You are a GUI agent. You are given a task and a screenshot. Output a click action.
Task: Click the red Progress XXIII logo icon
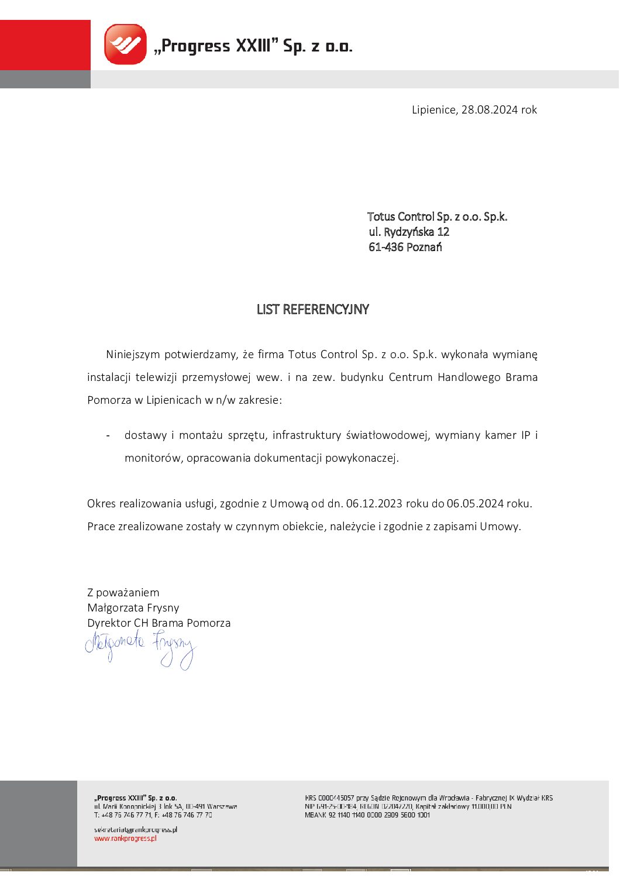click(125, 44)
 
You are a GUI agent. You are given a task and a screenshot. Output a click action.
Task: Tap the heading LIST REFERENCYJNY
click(313, 310)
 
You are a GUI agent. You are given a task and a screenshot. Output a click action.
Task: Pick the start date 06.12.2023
click(374, 504)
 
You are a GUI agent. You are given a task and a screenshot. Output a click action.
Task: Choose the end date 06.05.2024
click(475, 504)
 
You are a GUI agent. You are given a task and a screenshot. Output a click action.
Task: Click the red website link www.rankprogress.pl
click(125, 839)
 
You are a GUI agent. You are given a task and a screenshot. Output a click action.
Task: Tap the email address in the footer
click(135, 830)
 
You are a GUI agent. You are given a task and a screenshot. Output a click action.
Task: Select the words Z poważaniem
click(123, 593)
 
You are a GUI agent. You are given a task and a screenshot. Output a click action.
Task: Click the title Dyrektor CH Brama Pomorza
click(159, 623)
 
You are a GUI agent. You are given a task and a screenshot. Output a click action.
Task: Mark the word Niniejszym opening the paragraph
click(133, 355)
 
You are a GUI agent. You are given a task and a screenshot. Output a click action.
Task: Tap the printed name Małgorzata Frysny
click(133, 608)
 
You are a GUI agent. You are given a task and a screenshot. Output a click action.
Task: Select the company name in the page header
click(253, 46)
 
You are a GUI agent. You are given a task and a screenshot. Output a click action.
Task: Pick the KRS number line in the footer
click(429, 798)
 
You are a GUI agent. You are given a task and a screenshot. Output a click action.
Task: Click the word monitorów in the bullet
click(153, 458)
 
